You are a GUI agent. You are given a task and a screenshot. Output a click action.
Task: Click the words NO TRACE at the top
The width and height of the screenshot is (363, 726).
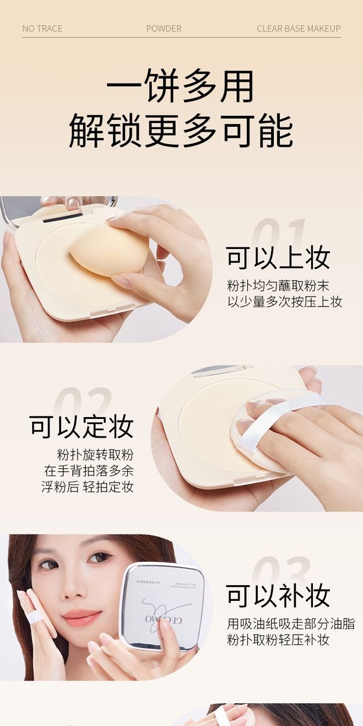(x=42, y=29)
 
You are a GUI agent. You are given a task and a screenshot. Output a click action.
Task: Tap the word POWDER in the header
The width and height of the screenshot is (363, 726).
(x=163, y=29)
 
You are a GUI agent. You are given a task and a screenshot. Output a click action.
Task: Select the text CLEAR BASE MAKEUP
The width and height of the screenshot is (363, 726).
(x=298, y=29)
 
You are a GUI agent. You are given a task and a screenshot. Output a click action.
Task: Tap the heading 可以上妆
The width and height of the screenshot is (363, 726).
(x=278, y=258)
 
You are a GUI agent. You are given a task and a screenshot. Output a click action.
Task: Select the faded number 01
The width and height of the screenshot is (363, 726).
(x=279, y=236)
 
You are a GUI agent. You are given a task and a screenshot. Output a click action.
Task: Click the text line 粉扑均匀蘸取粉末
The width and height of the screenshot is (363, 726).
(x=278, y=286)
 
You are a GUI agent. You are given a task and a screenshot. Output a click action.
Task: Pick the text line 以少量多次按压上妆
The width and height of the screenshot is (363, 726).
(x=284, y=301)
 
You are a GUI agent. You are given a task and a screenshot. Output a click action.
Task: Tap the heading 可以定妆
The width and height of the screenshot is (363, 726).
(x=81, y=426)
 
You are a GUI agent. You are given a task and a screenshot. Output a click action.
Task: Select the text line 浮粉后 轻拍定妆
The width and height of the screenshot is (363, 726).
(x=87, y=487)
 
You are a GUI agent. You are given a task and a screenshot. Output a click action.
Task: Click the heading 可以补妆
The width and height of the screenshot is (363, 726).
(x=278, y=596)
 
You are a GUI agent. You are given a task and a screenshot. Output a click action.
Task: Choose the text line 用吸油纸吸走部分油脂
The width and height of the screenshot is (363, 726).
(x=290, y=624)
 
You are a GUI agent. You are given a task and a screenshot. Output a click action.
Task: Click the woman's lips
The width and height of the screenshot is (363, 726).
(x=82, y=617)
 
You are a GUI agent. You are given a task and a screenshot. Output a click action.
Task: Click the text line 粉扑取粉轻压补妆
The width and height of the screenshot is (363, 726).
(x=278, y=640)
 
